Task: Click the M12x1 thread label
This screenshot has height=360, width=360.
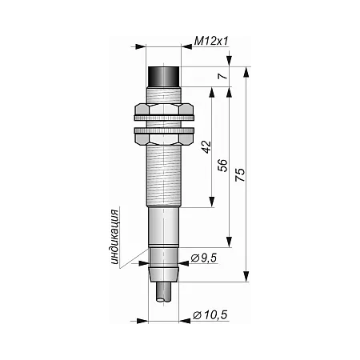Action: coord(211,42)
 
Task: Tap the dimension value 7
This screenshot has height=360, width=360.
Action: coord(223,76)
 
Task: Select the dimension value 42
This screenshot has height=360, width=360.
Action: coord(206,147)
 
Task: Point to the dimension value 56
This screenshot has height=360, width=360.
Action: coord(222,166)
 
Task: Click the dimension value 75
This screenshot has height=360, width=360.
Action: coord(240,174)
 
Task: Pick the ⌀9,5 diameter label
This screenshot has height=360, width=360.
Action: coord(204,258)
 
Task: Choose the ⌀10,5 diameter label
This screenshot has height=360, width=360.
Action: coord(210,315)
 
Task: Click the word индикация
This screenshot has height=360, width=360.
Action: coord(114,237)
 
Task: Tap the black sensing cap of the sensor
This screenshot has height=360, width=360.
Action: coord(164,77)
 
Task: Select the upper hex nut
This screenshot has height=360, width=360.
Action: coord(164,110)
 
